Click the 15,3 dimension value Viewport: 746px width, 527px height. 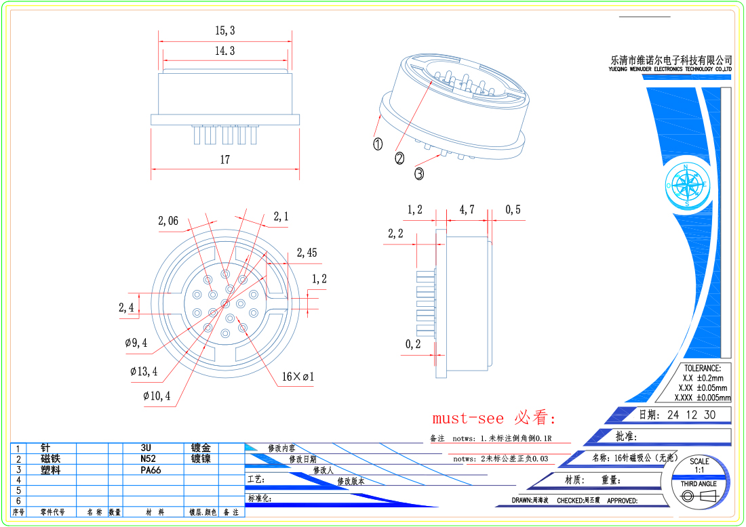[x=224, y=30]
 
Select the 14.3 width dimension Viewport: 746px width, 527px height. [x=224, y=51]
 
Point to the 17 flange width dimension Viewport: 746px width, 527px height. [x=224, y=160]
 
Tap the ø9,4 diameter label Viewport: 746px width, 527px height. [x=136, y=343]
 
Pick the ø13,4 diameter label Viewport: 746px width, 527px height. [x=144, y=371]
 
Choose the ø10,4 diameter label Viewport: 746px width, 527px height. [x=157, y=396]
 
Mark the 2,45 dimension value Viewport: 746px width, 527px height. [x=307, y=253]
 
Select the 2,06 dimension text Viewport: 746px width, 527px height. [x=168, y=221]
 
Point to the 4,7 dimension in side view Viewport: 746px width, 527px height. [x=467, y=210]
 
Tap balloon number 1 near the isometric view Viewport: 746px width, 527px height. [x=378, y=144]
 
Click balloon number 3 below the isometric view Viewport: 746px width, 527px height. [x=419, y=174]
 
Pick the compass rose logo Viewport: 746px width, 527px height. [x=687, y=185]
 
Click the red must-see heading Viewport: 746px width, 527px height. [x=494, y=417]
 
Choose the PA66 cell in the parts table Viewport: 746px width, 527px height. [x=151, y=469]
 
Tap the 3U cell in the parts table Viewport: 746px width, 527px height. [x=146, y=448]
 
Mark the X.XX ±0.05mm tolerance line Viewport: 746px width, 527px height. [x=702, y=387]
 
